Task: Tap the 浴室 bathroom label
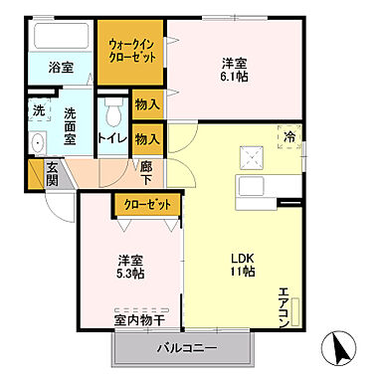tap(61, 68)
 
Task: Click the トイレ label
tap(109, 138)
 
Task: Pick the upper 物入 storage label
tap(146, 104)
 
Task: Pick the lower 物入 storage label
tap(146, 138)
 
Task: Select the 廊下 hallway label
tap(145, 175)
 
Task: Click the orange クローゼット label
tap(147, 203)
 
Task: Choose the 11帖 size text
tap(243, 271)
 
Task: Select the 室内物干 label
tap(138, 320)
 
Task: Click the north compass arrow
tap(342, 348)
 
